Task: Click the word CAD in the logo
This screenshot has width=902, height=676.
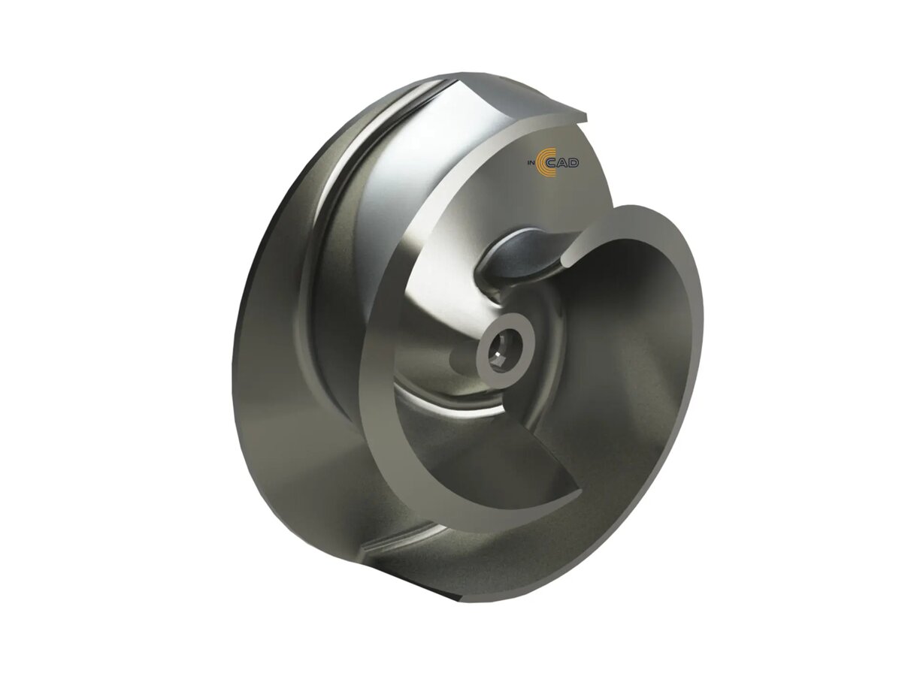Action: click(x=565, y=163)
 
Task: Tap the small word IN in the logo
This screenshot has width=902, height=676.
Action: click(x=530, y=164)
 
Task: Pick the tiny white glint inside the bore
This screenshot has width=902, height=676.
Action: click(x=498, y=354)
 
